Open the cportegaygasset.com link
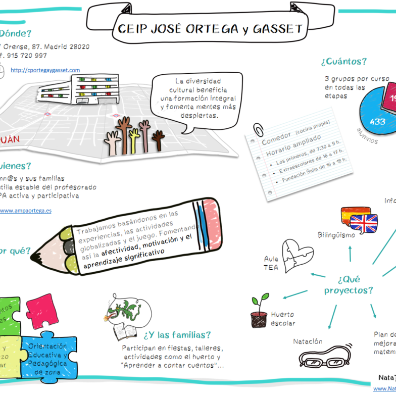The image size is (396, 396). pyautogui.click(x=45, y=70)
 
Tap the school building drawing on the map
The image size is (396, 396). pyautogui.click(x=92, y=89)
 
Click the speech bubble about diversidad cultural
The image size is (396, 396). pyautogui.click(x=198, y=99)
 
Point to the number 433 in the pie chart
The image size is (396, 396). pyautogui.click(x=377, y=121)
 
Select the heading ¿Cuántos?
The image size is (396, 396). pyautogui.click(x=343, y=62)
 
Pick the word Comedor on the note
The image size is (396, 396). pyautogui.click(x=276, y=136)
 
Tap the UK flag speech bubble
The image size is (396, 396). pyautogui.click(x=364, y=222)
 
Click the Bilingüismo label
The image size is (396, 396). pyautogui.click(x=336, y=235)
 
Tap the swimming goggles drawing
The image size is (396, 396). pyautogui.click(x=323, y=357)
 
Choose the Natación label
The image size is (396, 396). pyautogui.click(x=308, y=341)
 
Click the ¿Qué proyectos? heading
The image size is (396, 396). pyautogui.click(x=349, y=285)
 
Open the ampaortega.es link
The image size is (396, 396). pyautogui.click(x=25, y=210)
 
